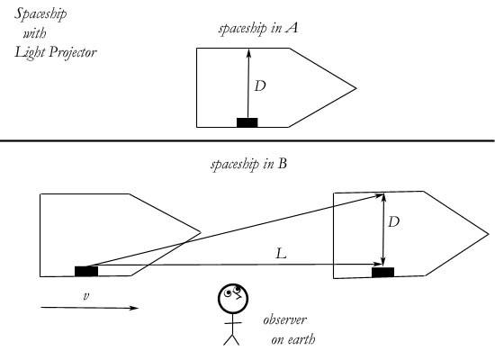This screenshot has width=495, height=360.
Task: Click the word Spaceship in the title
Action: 40,14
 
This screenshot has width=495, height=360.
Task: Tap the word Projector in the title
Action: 73,52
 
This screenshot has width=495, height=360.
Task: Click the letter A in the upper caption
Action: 292,28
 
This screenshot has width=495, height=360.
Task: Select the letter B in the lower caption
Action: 283,164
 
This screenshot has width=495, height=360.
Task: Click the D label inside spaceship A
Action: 260,85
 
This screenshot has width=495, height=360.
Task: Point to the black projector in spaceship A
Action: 247,122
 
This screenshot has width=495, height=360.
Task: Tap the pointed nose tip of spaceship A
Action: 355,88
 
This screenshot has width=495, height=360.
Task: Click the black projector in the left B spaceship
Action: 86,271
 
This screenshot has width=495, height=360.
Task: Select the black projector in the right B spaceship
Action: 382,272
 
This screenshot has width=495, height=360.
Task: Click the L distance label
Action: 281,253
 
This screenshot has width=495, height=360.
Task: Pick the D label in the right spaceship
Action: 393,222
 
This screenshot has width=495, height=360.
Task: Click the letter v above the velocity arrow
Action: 85,296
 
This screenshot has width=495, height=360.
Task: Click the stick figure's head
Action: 233,299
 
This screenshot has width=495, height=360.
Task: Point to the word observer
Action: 284,319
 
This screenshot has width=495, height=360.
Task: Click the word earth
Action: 301,340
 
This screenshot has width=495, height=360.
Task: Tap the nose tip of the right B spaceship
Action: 488,234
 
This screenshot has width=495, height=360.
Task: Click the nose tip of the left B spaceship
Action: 200,233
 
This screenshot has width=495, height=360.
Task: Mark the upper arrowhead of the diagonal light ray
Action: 379,196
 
